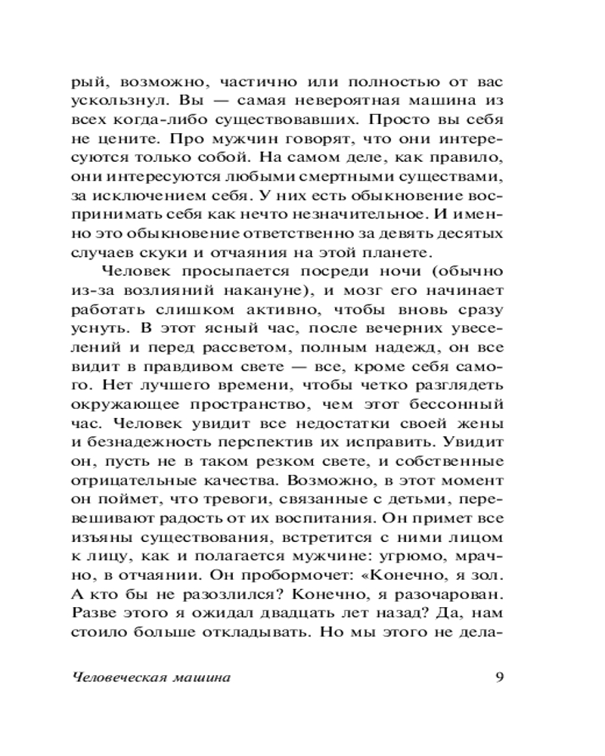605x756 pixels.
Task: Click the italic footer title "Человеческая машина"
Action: [x=150, y=677]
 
